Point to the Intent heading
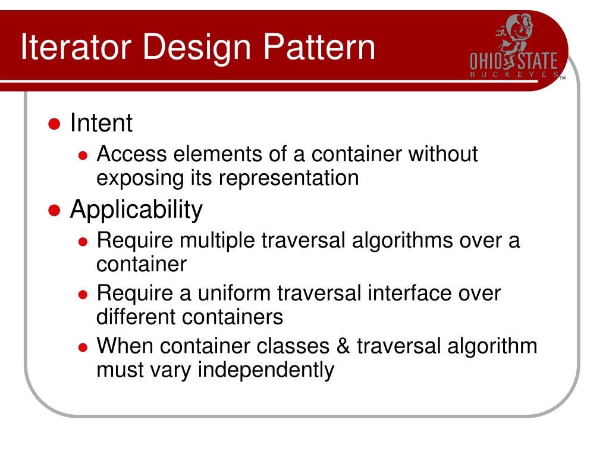(x=101, y=123)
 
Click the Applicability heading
(x=136, y=210)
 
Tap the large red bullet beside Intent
(x=54, y=124)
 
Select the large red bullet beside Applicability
(x=54, y=211)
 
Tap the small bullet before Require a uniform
(x=84, y=295)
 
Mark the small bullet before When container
(x=84, y=347)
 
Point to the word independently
(x=266, y=370)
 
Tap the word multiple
(x=218, y=242)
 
